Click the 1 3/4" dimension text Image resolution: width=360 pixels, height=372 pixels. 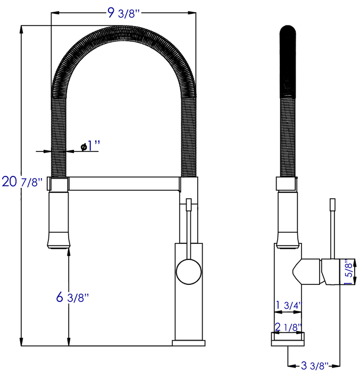288,306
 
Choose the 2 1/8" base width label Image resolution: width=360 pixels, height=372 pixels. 288,326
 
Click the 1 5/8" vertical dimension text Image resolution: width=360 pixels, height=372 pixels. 349,272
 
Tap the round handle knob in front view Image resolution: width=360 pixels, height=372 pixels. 188,271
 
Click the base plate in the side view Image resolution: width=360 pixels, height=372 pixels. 288,339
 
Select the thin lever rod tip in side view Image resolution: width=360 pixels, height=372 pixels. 333,204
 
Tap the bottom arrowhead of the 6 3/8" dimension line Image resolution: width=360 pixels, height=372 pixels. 69,342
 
